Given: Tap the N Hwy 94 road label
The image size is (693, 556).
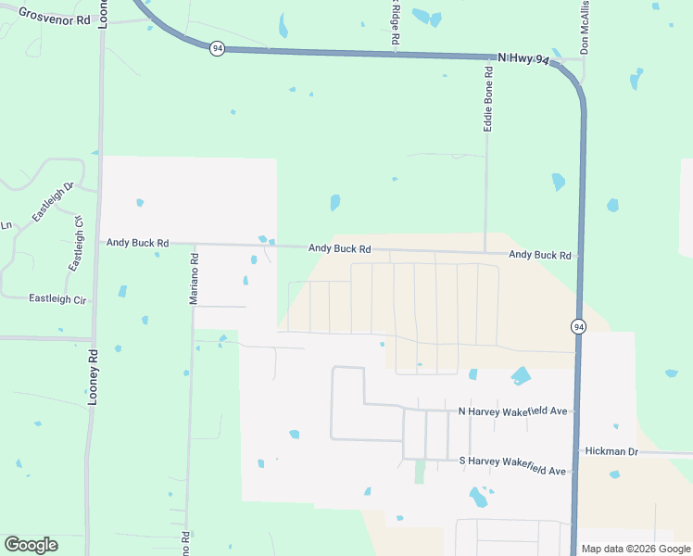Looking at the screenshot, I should click(x=523, y=58).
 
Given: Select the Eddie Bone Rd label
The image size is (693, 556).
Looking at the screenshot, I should click(x=487, y=97).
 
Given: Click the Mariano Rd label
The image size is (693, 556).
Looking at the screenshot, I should click(x=195, y=279).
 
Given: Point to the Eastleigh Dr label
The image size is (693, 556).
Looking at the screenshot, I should click(x=52, y=202).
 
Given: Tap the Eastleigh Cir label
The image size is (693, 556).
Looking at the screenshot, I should click(x=57, y=298).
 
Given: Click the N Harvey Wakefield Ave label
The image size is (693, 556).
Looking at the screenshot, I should click(x=511, y=411).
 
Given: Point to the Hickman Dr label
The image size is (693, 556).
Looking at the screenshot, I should click(x=612, y=451).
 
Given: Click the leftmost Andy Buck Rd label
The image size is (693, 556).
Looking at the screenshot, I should click(x=137, y=243).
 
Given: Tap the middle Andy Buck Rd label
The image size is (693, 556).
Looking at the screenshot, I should click(x=339, y=248).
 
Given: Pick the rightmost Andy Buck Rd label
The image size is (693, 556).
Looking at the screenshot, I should click(x=539, y=254).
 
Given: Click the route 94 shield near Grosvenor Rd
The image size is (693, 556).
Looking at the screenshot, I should click(x=216, y=48).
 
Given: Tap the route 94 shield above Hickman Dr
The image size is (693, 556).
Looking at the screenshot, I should click(x=578, y=326).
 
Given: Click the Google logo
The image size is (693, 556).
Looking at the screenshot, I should click(x=31, y=545).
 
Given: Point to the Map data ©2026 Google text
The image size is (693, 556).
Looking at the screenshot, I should click(x=635, y=549).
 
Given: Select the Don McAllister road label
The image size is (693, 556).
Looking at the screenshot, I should click(x=585, y=28).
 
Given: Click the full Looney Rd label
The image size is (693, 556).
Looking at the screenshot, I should click(x=93, y=375).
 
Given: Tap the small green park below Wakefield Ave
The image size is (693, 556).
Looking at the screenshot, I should click(x=420, y=472).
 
